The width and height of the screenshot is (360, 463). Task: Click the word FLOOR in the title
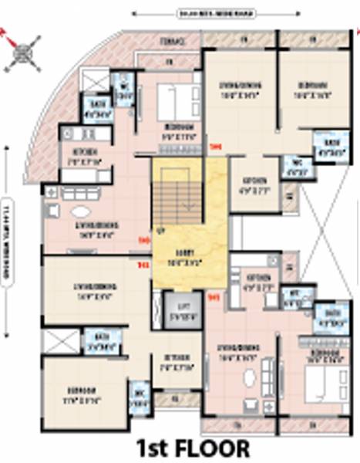[x=213, y=447]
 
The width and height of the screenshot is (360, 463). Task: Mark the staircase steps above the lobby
[x=170, y=198]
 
